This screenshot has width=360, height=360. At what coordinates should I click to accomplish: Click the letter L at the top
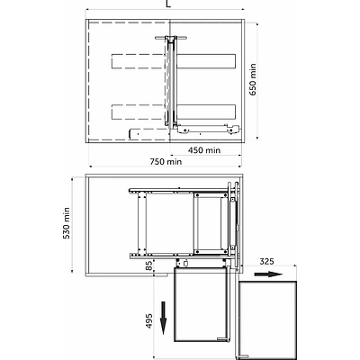(x=168, y=4)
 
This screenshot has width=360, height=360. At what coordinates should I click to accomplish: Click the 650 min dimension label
(x=253, y=79)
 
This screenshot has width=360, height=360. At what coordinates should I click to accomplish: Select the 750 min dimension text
(x=166, y=161)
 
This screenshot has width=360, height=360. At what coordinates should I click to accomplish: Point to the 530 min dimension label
(x=67, y=223)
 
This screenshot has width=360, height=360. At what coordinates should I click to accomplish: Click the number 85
(x=149, y=265)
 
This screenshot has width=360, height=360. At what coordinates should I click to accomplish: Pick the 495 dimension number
(x=149, y=321)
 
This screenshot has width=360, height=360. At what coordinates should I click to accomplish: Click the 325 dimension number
(x=266, y=261)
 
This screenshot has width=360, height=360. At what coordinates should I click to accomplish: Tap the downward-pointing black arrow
(x=164, y=318)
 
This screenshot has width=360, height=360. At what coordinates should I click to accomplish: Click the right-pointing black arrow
(x=268, y=274)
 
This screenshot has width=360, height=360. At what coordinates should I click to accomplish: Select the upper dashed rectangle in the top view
(x=138, y=61)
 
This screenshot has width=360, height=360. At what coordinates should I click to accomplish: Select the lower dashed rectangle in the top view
(x=138, y=112)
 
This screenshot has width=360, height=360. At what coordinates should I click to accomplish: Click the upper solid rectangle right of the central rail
(x=206, y=61)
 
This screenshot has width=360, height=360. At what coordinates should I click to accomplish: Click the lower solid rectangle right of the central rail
(x=206, y=112)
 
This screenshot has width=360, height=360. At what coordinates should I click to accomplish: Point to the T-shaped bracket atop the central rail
(x=171, y=38)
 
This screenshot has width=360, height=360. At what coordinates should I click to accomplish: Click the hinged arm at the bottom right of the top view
(x=209, y=129)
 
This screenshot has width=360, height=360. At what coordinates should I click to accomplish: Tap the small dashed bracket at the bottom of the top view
(x=147, y=133)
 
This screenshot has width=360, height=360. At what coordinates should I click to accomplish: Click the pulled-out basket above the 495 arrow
(x=202, y=304)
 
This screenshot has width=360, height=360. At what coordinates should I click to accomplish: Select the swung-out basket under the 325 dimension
(x=267, y=319)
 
